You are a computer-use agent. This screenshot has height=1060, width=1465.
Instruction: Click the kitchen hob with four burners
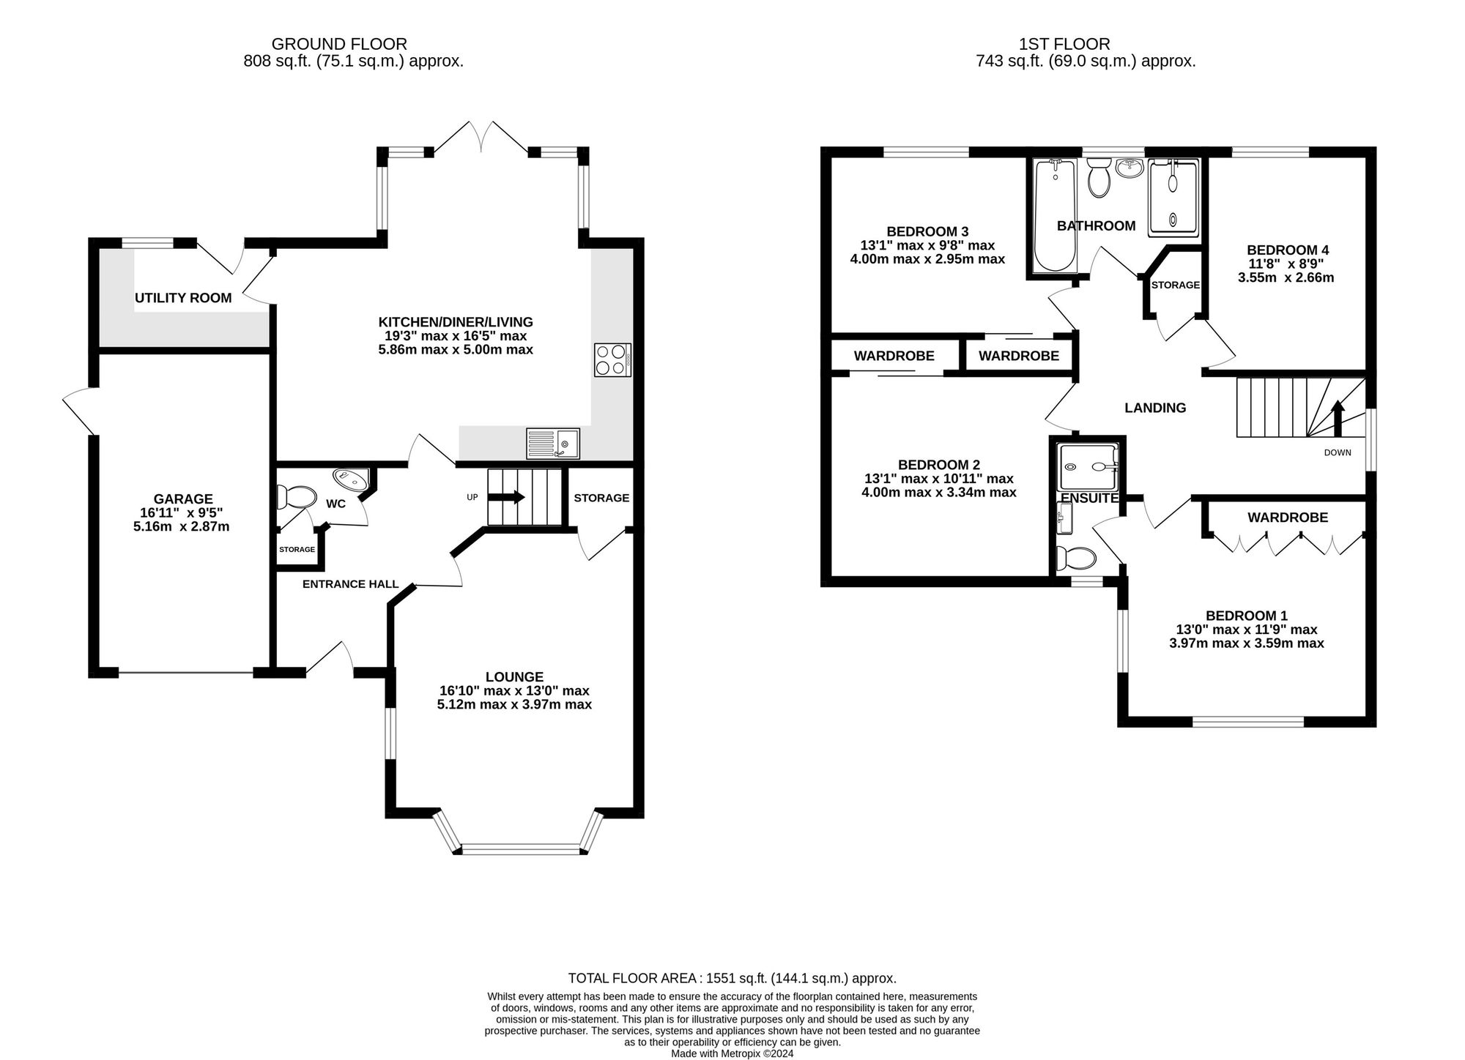(612, 359)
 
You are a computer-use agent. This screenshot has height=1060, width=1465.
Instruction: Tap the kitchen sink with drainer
(552, 444)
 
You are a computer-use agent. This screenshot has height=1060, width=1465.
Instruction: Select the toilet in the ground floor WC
(295, 497)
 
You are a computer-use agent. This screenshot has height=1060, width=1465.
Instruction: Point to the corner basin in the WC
(352, 479)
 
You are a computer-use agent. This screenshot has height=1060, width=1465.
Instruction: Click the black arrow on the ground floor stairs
(506, 497)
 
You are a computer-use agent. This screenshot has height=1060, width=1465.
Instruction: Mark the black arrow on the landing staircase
(1338, 418)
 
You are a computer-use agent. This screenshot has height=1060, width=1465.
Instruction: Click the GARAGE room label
(183, 499)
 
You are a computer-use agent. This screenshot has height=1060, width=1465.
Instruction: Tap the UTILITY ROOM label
(183, 298)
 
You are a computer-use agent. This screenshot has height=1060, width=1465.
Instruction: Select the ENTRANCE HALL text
(350, 584)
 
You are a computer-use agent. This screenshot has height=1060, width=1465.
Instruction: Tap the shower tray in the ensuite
(1088, 466)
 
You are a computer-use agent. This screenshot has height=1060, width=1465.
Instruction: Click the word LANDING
(1155, 408)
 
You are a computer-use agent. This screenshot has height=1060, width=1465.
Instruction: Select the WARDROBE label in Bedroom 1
(1288, 518)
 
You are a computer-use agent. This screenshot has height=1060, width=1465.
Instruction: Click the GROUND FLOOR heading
(339, 44)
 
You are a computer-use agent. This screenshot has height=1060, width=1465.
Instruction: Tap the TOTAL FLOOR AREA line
(732, 978)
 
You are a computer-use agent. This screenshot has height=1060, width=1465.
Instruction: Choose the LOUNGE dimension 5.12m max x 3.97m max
(514, 704)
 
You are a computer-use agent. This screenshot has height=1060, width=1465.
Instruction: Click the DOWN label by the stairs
(1338, 452)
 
